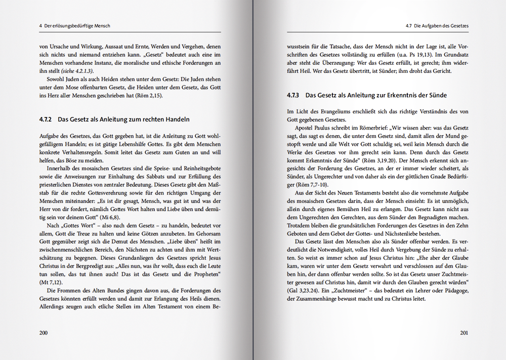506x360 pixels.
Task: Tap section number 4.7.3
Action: [x=294, y=95]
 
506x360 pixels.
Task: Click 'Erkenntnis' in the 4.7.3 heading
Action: [x=404, y=95]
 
